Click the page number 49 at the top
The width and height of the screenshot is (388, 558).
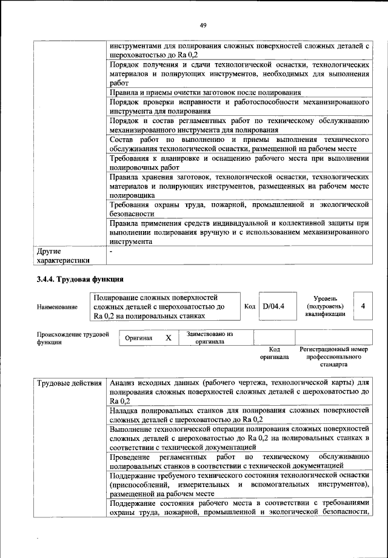click(x=203, y=25)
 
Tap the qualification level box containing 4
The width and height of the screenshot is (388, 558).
click(x=363, y=306)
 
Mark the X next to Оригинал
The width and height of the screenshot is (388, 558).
click(x=169, y=337)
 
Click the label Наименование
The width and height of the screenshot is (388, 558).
click(x=57, y=307)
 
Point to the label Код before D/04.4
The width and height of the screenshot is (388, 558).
click(x=249, y=306)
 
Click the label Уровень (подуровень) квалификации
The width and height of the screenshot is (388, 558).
click(x=330, y=306)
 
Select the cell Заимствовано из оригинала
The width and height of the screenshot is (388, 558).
click(x=210, y=337)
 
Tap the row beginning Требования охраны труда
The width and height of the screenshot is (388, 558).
click(x=239, y=209)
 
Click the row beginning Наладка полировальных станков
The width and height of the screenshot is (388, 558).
click(x=239, y=415)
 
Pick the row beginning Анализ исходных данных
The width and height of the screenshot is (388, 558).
click(x=239, y=392)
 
